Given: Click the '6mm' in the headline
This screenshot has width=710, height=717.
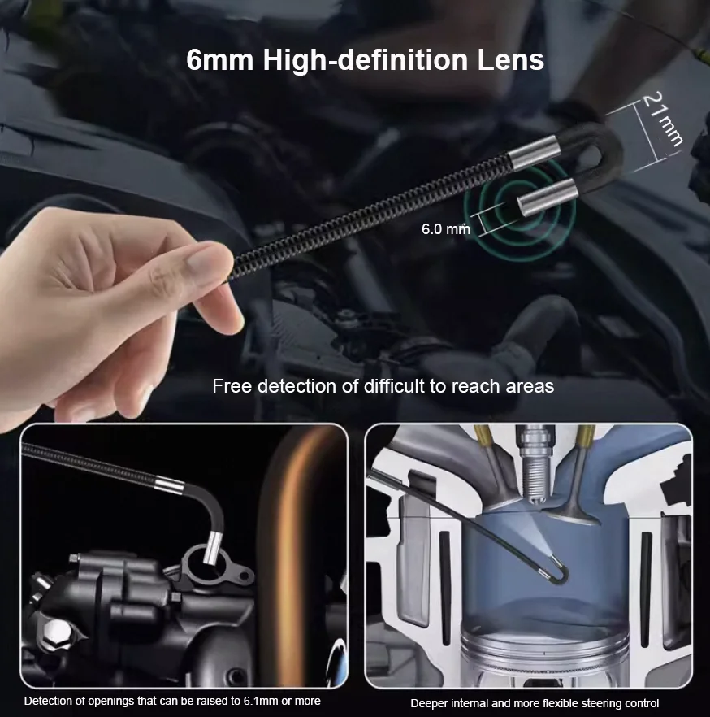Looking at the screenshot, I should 219,60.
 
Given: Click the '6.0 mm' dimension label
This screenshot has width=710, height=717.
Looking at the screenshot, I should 445,229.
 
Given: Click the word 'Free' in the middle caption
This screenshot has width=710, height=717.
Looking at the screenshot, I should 231,386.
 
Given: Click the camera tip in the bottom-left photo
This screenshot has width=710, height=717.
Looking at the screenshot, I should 214,549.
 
